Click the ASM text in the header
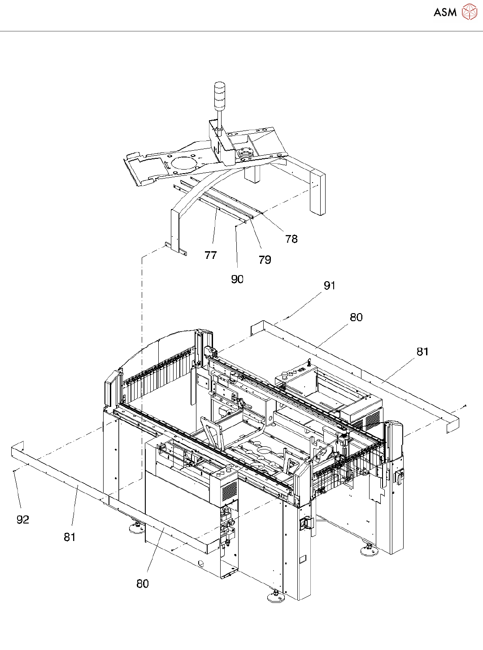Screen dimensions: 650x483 point(445,13)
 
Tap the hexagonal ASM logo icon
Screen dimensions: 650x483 point(470,12)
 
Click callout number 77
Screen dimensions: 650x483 point(210,255)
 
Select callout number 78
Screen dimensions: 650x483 point(292,239)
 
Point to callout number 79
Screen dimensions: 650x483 point(265,260)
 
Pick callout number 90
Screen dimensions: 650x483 point(237,279)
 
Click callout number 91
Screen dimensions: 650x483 point(330,286)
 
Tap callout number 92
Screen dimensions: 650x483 point(23,519)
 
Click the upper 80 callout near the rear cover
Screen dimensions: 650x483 point(356,318)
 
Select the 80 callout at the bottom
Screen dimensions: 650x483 point(143,584)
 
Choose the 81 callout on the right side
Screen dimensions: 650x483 point(422,352)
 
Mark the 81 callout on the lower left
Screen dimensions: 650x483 point(70,537)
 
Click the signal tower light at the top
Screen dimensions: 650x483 point(220,95)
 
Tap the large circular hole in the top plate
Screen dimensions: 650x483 point(181,162)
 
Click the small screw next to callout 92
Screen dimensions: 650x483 point(15,471)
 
